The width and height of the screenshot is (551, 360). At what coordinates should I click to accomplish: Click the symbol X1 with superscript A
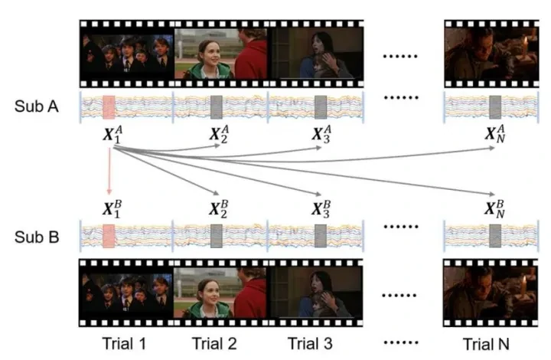[109, 137]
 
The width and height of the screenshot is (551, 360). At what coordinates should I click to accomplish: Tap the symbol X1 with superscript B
[109, 209]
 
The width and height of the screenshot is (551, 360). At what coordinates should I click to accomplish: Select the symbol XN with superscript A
[495, 137]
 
